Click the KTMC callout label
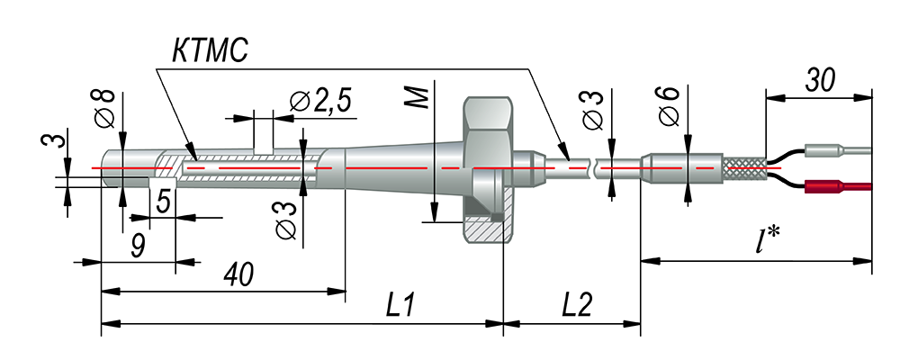210,51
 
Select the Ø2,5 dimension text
320,102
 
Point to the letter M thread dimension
420,97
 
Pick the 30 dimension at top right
819,81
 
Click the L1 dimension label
400,307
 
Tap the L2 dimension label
576,307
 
